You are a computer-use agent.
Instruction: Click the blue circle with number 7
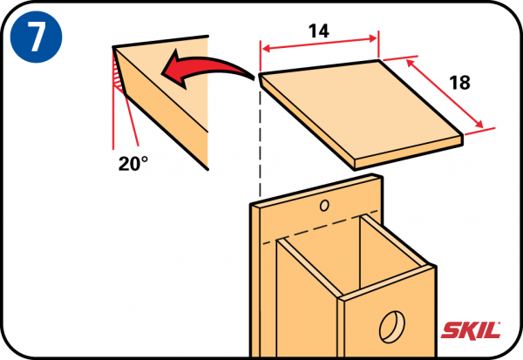(36, 37)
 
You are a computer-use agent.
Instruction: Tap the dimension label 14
(319, 31)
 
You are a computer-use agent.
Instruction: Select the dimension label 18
(459, 83)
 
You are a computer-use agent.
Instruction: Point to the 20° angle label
(133, 164)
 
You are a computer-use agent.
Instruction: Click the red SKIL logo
(471, 330)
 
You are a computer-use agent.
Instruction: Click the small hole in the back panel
(324, 206)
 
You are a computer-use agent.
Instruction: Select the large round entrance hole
(392, 327)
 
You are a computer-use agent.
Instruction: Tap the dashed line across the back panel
(320, 227)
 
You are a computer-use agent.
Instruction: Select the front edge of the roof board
(409, 152)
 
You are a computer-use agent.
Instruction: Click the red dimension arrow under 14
(320, 44)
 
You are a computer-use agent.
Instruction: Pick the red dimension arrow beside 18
(445, 93)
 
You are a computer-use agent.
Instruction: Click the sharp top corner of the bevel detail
(113, 47)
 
